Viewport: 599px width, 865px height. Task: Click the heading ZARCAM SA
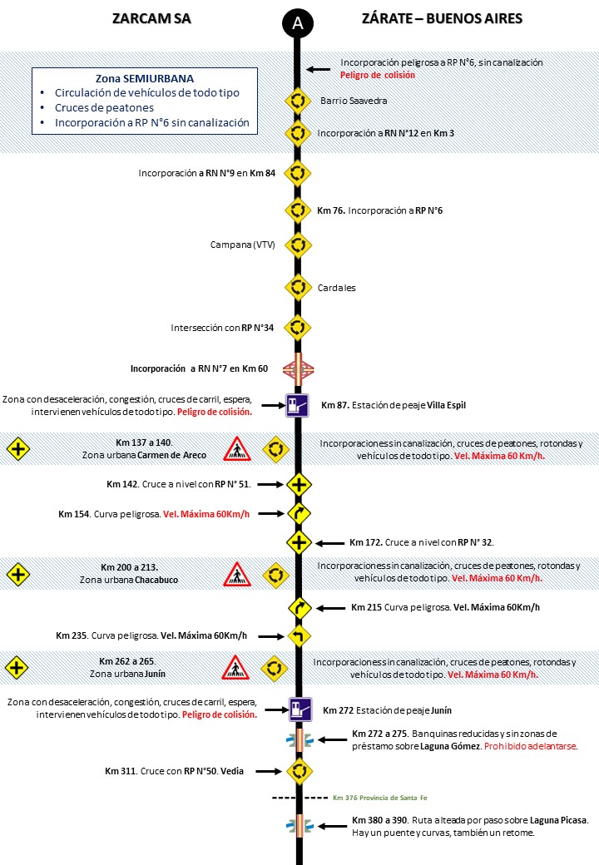click(151, 19)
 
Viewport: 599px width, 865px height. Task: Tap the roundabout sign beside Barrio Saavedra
click(298, 101)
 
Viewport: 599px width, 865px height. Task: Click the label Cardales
click(337, 288)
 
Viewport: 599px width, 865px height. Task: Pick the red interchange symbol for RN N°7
click(298, 368)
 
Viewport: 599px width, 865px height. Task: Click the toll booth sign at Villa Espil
click(298, 405)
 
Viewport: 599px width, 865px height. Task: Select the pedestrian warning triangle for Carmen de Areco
click(237, 449)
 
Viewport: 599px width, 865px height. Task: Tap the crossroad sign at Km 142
click(298, 483)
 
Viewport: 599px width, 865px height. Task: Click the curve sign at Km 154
click(298, 513)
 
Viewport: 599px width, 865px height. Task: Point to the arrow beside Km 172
click(331, 542)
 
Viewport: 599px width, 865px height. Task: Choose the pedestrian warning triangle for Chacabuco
click(237, 574)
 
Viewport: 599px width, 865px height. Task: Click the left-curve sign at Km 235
click(298, 636)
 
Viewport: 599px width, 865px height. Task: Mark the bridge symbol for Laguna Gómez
click(298, 739)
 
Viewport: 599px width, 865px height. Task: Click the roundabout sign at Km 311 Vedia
click(298, 771)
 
